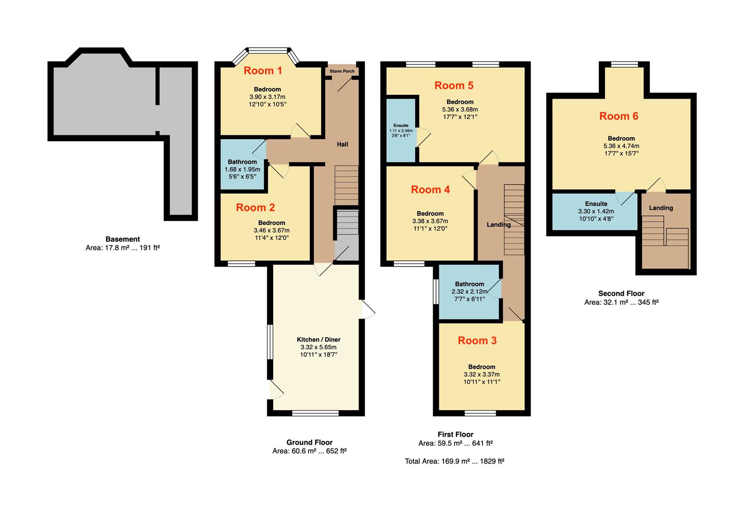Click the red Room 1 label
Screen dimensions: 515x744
pos(263,71)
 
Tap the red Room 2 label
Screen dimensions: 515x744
pos(255,207)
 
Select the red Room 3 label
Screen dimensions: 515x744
pos(477,340)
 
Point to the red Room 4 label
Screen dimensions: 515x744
pos(430,190)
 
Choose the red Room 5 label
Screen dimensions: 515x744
pos(454,85)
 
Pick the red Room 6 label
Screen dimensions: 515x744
pos(618,116)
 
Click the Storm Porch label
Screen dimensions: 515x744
pos(342,72)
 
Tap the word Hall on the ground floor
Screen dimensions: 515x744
pos(342,144)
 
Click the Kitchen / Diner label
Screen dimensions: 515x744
pos(319,340)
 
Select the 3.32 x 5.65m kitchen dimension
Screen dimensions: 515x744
pos(319,347)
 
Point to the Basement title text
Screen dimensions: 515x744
pos(123,239)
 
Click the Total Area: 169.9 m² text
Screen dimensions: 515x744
pos(454,461)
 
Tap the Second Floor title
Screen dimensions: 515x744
pos(621,294)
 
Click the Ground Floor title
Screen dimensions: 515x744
pos(309,443)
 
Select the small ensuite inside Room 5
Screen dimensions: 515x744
pos(401,130)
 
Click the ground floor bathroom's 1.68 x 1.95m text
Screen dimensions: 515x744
pos(242,169)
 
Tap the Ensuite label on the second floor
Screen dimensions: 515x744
pos(596,204)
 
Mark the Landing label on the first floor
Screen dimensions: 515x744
pos(499,225)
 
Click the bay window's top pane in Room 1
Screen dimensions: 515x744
pos(268,50)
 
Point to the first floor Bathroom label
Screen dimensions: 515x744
pos(469,284)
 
